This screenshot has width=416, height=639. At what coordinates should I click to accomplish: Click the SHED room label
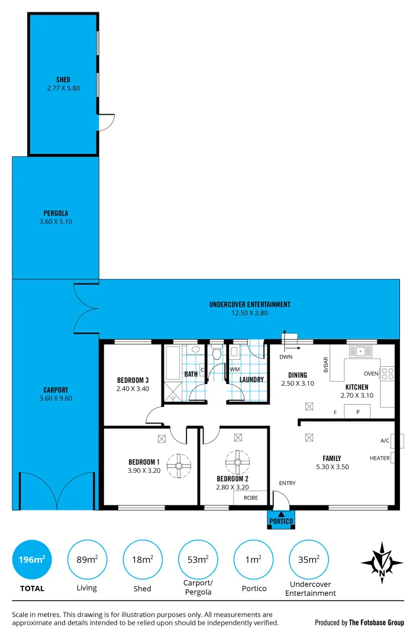click(63, 80)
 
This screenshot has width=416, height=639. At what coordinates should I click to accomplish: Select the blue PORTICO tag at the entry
click(281, 520)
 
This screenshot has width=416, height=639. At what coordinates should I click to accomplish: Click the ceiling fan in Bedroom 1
click(178, 465)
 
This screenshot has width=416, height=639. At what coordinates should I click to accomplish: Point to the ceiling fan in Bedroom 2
click(238, 462)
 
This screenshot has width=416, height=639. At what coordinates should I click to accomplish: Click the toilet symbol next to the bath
click(216, 354)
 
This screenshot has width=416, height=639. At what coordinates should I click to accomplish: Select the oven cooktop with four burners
click(387, 373)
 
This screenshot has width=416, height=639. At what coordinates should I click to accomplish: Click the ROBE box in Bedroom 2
click(250, 498)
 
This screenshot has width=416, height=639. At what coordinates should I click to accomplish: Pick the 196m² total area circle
click(32, 559)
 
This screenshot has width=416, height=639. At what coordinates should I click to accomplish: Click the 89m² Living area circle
click(88, 559)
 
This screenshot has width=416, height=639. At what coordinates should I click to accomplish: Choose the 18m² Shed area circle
click(143, 559)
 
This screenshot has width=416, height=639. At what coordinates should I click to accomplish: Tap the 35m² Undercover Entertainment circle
click(309, 559)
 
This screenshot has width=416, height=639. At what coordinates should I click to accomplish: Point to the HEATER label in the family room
click(379, 458)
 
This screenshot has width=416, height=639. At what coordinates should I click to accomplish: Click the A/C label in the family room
click(385, 441)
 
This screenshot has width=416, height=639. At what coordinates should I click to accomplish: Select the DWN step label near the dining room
click(286, 357)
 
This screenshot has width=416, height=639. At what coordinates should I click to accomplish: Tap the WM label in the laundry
click(234, 369)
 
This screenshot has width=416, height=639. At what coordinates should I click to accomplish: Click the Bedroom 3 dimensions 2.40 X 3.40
click(133, 389)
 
